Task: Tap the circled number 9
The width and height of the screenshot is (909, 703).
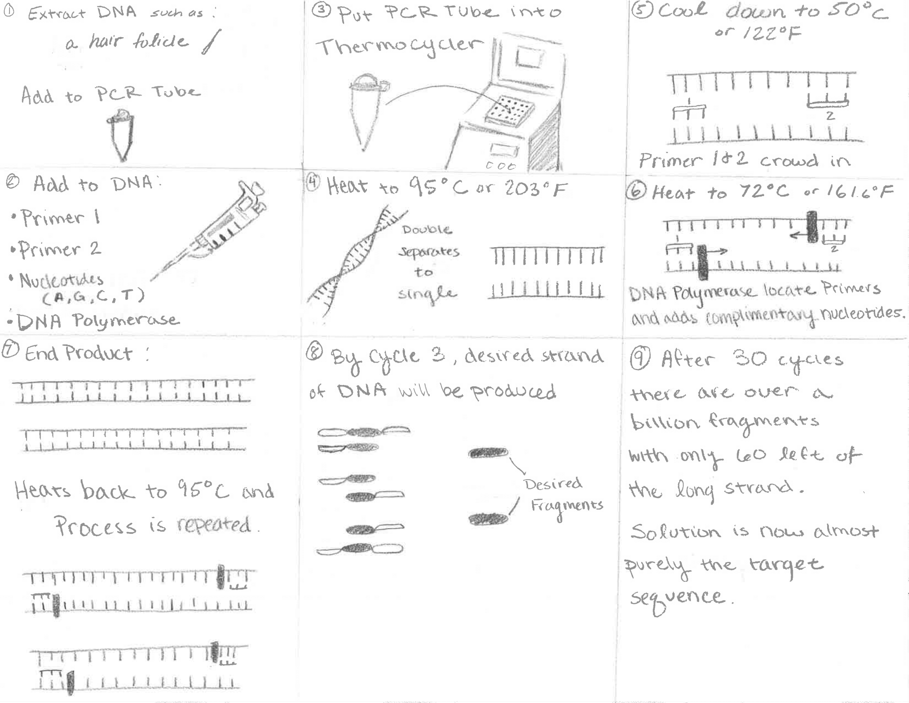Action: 640,358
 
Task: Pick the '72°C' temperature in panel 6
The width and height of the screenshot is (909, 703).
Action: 763,191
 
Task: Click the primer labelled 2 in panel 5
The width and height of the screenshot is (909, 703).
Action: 828,101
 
